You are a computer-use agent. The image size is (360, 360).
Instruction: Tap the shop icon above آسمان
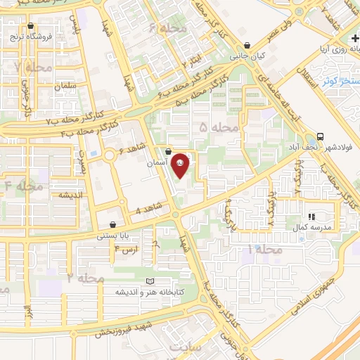[x=168, y=151]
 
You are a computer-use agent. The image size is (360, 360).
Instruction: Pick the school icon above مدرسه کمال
[x=311, y=217]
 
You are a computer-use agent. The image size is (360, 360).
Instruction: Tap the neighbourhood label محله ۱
[x=265, y=250]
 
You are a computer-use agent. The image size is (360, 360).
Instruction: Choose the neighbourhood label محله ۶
[x=170, y=29]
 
